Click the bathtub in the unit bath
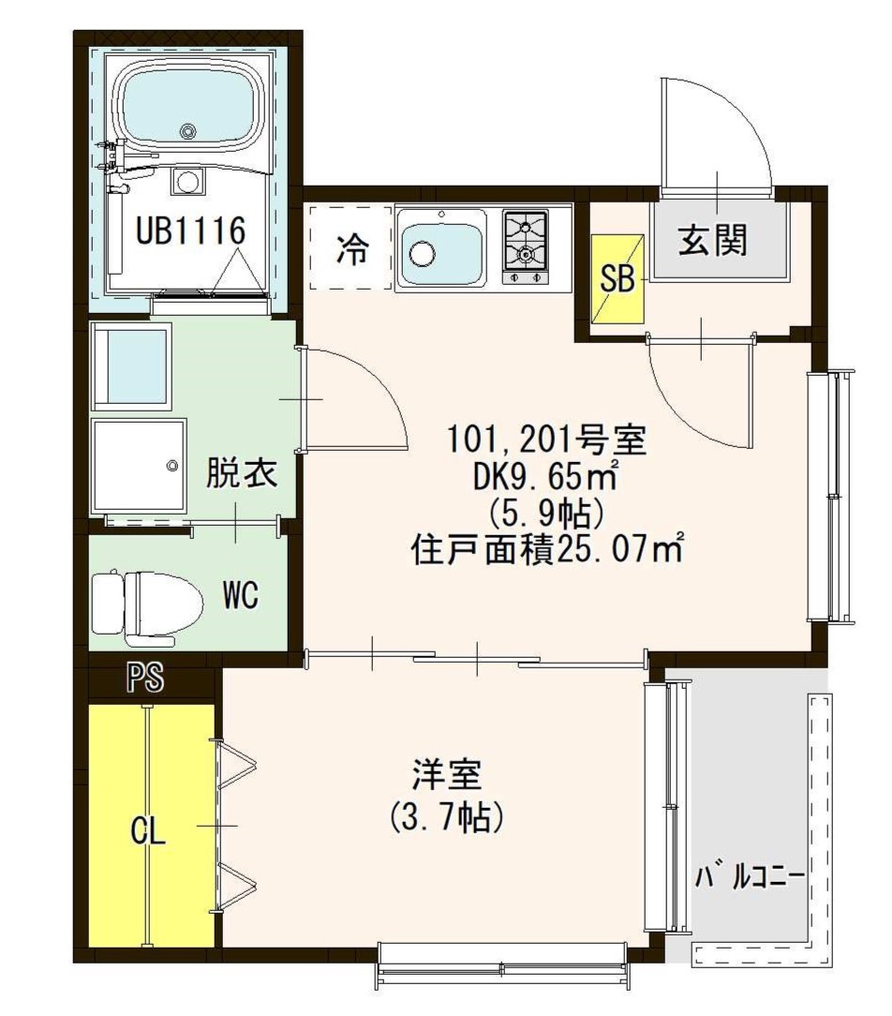tap(189, 109)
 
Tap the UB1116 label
tap(190, 230)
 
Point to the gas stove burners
tap(526, 242)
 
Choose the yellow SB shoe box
tap(617, 278)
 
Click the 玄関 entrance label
tap(714, 242)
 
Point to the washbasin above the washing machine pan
tap(131, 366)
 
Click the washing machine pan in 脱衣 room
tap(138, 466)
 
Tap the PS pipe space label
tap(145, 680)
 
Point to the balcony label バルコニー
tap(749, 878)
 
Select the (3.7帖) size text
tap(447, 817)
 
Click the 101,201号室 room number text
tap(547, 437)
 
